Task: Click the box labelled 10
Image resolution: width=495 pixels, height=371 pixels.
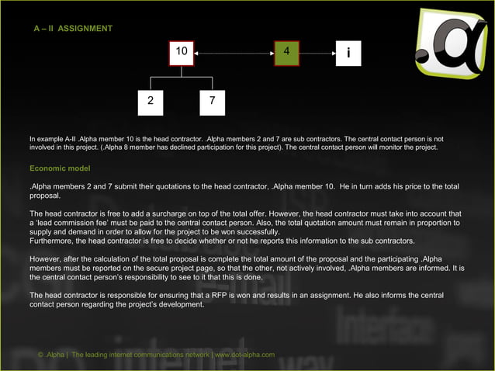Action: click(182, 53)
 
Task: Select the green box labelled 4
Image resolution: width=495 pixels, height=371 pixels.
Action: click(286, 53)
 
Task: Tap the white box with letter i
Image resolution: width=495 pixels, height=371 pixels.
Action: click(348, 53)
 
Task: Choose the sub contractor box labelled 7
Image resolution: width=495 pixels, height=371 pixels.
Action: click(212, 102)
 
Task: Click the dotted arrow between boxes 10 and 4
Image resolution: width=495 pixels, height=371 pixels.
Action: click(234, 53)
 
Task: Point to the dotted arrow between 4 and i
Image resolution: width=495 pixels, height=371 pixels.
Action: click(317, 53)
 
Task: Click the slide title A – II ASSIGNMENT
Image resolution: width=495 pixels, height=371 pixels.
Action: click(72, 29)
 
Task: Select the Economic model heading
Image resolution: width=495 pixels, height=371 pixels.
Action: click(60, 168)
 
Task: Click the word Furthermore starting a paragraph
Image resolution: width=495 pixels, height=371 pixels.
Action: click(50, 241)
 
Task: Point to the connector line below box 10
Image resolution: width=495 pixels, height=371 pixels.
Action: click(182, 71)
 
